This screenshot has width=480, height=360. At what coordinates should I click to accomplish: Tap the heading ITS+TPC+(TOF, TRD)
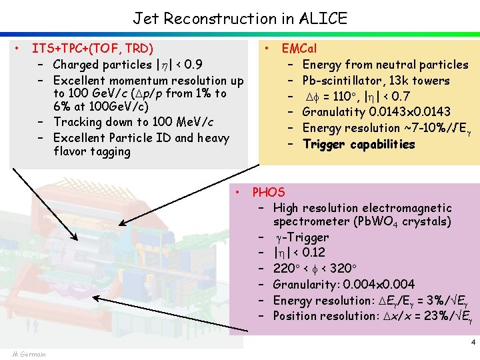coord(93,49)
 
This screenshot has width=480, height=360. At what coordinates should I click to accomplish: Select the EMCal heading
coord(299,49)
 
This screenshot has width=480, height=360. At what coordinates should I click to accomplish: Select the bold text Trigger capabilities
coord(359,145)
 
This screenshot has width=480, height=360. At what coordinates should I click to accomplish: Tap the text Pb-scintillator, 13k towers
coord(376,81)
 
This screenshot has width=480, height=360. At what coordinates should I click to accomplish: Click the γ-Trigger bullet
coord(301,237)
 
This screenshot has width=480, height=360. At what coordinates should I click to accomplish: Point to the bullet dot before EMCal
coord(266,49)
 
